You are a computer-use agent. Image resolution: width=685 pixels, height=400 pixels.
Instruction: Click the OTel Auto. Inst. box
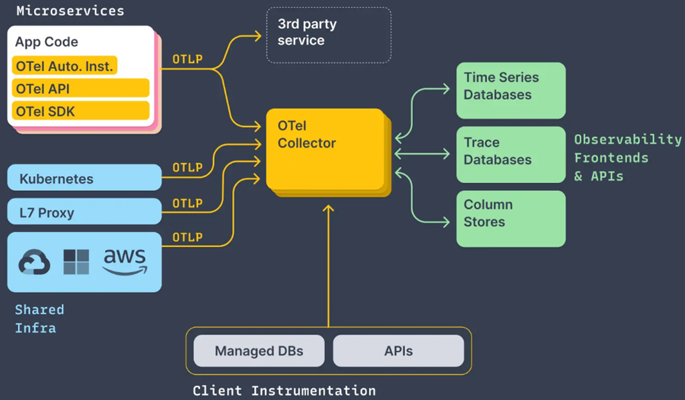(x=64, y=66)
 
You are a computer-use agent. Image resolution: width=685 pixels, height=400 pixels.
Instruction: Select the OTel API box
(x=80, y=88)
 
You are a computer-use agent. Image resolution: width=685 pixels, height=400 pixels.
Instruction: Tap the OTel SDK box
(x=80, y=111)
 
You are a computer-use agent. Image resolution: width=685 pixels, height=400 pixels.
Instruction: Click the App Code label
(x=47, y=42)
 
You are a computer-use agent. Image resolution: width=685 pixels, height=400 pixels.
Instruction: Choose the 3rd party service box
(x=328, y=35)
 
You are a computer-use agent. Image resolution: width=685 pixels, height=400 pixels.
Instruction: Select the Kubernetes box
(x=84, y=178)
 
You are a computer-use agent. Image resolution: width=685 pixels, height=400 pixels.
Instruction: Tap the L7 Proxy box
(x=84, y=212)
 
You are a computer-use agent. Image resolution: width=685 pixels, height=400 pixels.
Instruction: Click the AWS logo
(x=124, y=261)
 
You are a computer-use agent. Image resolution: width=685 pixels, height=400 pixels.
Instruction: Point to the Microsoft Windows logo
(x=76, y=262)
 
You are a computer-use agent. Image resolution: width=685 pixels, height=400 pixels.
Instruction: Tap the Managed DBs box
(x=259, y=350)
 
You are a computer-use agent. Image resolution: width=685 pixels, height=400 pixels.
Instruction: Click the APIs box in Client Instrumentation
(x=398, y=350)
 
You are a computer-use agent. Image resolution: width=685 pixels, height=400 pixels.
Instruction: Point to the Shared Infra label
(x=39, y=318)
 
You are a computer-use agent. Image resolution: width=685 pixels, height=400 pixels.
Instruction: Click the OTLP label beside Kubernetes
(x=187, y=168)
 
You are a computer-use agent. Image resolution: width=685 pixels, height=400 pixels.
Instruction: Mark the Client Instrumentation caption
(x=284, y=390)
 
